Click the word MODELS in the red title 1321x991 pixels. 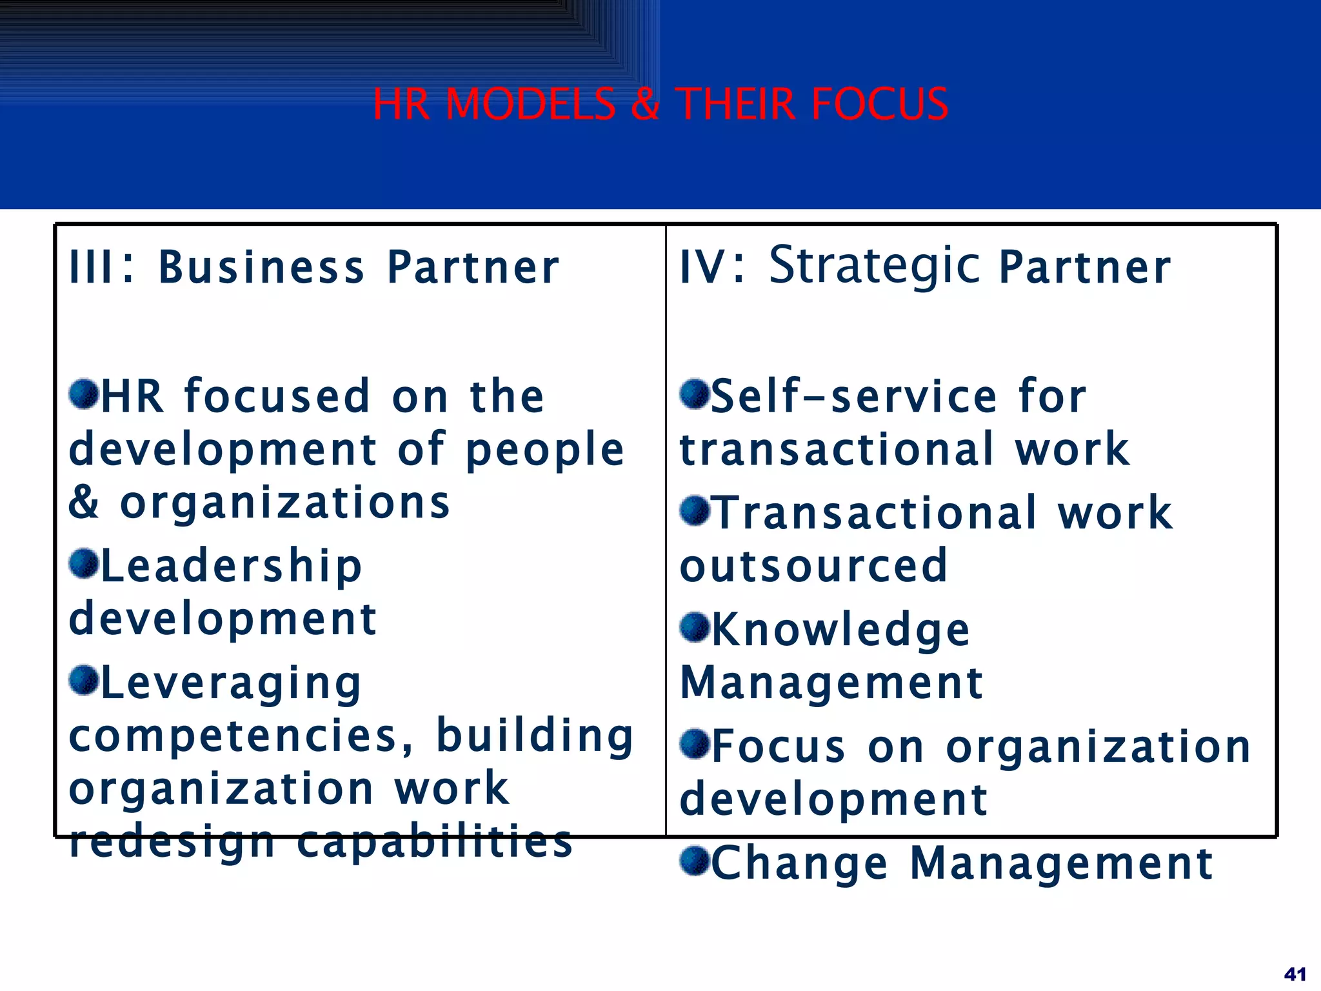click(530, 104)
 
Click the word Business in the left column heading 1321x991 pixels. click(261, 267)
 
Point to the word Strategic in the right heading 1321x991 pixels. click(875, 266)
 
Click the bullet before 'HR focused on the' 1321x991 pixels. click(84, 394)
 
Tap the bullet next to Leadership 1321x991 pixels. click(84, 564)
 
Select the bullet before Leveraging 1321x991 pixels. click(84, 681)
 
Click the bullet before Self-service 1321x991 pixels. click(695, 394)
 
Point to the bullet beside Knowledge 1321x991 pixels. click(695, 627)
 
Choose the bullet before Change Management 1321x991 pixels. click(695, 861)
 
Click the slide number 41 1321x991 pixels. click(1295, 974)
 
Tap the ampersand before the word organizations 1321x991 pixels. click(84, 503)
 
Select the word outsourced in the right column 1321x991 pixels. click(813, 566)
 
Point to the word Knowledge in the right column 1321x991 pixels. click(840, 630)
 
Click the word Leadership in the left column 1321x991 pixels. click(232, 566)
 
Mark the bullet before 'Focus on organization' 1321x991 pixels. click(695, 744)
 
